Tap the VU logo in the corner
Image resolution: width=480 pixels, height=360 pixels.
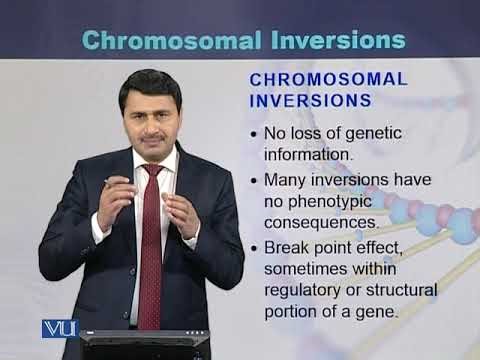point(60,327)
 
